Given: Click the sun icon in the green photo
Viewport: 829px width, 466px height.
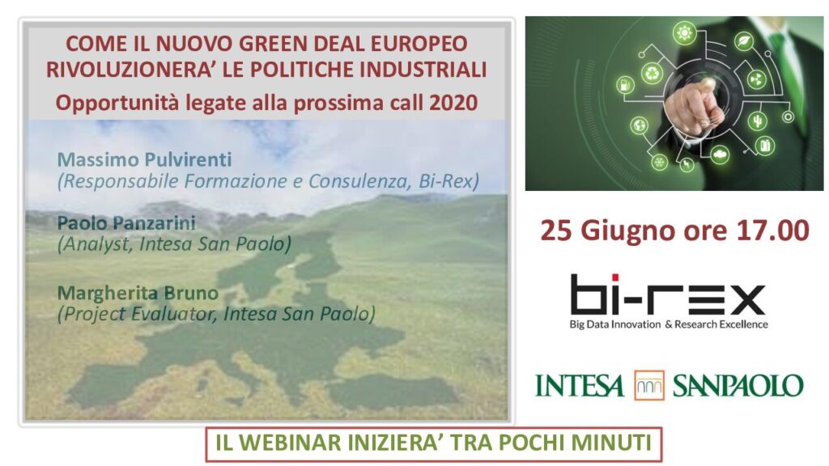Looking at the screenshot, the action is (685, 33).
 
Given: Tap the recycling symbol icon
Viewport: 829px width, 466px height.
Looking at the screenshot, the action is (653, 74).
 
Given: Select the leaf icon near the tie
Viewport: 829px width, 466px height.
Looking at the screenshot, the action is (745, 40).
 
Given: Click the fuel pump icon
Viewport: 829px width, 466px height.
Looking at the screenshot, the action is (625, 84).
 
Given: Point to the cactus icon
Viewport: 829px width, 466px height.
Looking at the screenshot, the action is (758, 121).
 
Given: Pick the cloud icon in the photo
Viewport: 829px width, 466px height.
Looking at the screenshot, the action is (720, 155).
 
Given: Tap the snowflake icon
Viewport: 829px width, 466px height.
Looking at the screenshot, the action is (659, 162).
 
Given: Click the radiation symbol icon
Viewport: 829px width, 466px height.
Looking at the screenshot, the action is (757, 80).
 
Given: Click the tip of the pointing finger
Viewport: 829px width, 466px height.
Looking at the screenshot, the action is (706, 83).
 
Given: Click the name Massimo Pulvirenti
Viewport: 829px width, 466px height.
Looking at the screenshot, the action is (144, 159).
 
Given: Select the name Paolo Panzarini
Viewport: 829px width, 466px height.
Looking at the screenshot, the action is (126, 222).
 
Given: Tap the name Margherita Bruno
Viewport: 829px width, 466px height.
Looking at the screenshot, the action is (138, 293).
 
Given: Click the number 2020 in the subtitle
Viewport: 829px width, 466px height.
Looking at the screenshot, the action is (453, 103).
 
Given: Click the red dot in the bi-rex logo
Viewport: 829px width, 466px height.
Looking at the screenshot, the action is (615, 278).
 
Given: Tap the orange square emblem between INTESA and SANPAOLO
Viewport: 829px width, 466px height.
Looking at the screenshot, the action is (649, 385).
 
